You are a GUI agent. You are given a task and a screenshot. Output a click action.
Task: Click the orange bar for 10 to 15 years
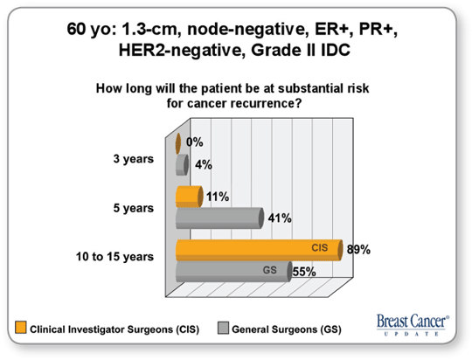pos(260,250)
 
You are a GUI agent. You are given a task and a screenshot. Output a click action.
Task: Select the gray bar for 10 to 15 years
pos(234,272)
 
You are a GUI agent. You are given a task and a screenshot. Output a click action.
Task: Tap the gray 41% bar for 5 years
pos(220,218)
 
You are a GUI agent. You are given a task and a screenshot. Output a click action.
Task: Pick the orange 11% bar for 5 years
pos(190,197)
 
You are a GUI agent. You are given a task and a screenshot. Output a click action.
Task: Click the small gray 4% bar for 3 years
pos(183,165)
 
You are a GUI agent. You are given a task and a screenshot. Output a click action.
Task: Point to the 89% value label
pos(358,250)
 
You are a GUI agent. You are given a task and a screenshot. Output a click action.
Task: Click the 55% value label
pos(304,272)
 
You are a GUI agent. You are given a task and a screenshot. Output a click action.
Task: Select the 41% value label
pos(280,218)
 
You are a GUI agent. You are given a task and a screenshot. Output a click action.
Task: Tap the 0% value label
pos(194,142)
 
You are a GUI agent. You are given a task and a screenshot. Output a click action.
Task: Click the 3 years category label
pos(134,159)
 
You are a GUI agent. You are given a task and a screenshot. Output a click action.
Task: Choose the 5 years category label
pos(134,208)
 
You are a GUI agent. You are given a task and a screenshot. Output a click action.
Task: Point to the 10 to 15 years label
pos(115,257)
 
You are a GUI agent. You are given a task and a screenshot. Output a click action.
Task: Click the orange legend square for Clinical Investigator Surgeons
pos(21,328)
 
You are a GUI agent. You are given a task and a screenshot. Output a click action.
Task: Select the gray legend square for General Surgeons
pos(223,328)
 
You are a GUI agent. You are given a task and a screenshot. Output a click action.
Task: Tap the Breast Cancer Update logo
pos(413,325)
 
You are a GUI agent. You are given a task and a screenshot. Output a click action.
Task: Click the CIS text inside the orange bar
pos(320,248)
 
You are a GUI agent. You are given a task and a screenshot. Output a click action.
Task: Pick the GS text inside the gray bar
pos(270,270)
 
